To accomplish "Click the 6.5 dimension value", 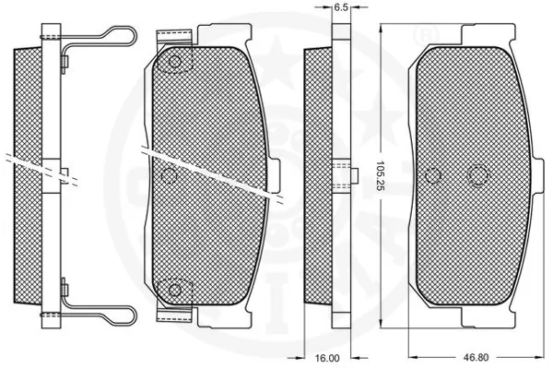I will [x=339, y=7].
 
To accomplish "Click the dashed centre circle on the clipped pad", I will [x=168, y=175].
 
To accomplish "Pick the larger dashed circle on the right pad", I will [x=477, y=175].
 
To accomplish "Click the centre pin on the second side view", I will [x=347, y=175].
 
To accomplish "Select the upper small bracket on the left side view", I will [x=65, y=64].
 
